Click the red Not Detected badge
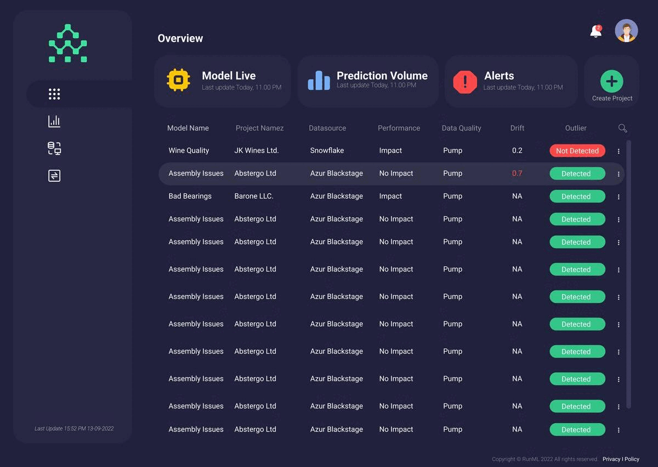[x=577, y=151]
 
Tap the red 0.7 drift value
[x=517, y=174]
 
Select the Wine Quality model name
[x=189, y=151]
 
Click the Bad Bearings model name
[x=190, y=196]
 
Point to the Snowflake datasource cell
[x=327, y=151]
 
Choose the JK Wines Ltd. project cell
[x=257, y=151]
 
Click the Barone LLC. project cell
[x=254, y=196]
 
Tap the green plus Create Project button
[x=611, y=82]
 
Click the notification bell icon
[x=596, y=32]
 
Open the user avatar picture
[x=626, y=31]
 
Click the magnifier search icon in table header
[x=622, y=128]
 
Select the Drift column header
[x=517, y=128]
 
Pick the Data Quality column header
[x=461, y=128]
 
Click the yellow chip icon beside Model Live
[x=178, y=80]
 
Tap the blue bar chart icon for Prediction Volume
[x=319, y=80]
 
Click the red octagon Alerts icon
[x=465, y=82]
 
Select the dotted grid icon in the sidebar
[x=54, y=94]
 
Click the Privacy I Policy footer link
[x=621, y=459]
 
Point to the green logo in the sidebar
[x=67, y=43]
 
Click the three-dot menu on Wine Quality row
[x=619, y=151]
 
